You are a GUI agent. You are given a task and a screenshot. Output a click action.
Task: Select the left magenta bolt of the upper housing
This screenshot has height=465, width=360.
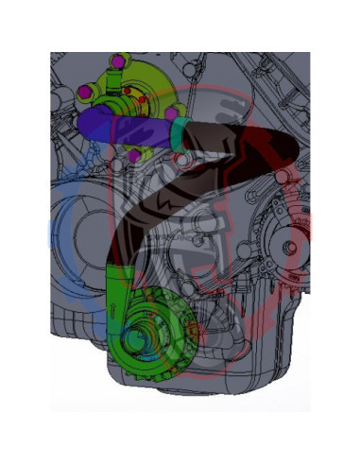pos(83,92)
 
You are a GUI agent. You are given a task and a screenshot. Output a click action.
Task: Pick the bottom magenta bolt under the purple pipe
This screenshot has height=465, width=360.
pos(134,154)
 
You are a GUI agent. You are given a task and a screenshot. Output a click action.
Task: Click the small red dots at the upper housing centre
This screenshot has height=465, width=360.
pos(140,95)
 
